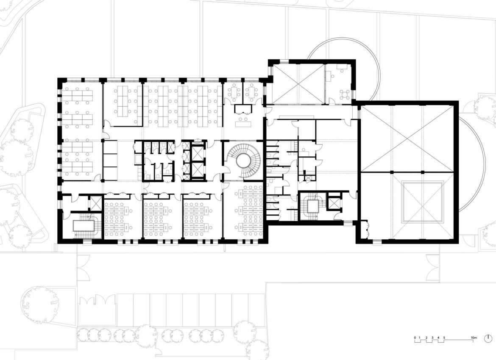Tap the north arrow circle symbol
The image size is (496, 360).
[x=488, y=338]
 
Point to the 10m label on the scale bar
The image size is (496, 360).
[x=474, y=338]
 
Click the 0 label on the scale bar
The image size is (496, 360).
[x=415, y=338]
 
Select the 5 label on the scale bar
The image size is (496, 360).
[x=444, y=338]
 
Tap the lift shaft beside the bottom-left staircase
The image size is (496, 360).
[x=95, y=203]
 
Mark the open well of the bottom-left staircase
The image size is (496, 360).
[x=84, y=226]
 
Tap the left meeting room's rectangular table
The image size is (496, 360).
[x=234, y=92]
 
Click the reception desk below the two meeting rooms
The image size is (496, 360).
[x=244, y=121]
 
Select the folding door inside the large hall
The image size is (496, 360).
[x=367, y=228]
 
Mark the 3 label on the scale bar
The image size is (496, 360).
[x=432, y=338]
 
